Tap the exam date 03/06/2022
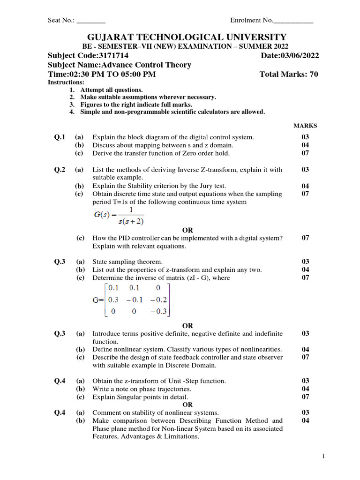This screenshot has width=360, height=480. (x=300, y=56)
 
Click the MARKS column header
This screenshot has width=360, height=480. (x=305, y=126)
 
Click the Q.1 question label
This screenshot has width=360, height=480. (x=60, y=137)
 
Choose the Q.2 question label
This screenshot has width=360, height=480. (x=60, y=169)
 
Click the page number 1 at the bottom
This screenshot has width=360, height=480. (x=323, y=456)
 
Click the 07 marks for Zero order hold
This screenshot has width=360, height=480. (x=305, y=153)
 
